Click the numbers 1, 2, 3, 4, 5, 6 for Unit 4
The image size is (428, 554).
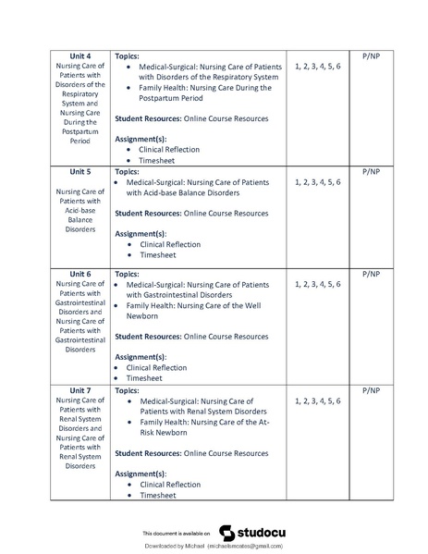point(317,68)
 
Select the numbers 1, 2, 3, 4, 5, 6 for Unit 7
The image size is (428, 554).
point(317,401)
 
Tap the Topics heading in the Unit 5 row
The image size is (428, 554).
point(128,171)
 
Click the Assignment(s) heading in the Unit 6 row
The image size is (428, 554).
point(140,356)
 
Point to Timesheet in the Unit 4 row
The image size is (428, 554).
point(157,160)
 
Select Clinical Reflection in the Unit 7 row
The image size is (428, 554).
point(169,484)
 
